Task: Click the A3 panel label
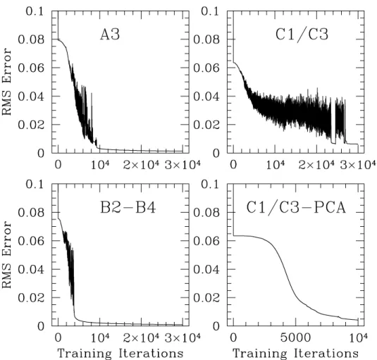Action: coord(110,34)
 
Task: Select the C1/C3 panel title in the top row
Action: coord(302,34)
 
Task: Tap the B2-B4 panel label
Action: coord(128,208)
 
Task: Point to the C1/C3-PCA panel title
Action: coord(296,208)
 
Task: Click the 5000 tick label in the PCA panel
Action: coord(295,338)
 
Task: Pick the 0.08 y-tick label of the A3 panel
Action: coord(31,39)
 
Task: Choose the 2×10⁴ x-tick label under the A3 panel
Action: coord(141,165)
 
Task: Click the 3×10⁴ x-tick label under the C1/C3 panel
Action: coord(358,165)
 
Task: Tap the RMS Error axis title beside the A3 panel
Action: coord(7,82)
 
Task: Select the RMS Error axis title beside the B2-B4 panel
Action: coord(7,255)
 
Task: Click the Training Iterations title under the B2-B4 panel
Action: coord(120,354)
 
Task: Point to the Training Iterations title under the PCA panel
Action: coord(295,354)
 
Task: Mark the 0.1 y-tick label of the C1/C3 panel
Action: coord(210,11)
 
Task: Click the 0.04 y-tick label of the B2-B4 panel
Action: coord(31,269)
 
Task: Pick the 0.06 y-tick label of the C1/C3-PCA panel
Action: coord(206,240)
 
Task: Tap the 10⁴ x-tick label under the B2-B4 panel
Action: coord(100,338)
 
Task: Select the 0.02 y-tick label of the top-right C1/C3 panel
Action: coord(206,125)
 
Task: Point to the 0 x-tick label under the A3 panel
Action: coord(58,165)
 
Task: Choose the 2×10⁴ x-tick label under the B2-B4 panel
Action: coord(141,338)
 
